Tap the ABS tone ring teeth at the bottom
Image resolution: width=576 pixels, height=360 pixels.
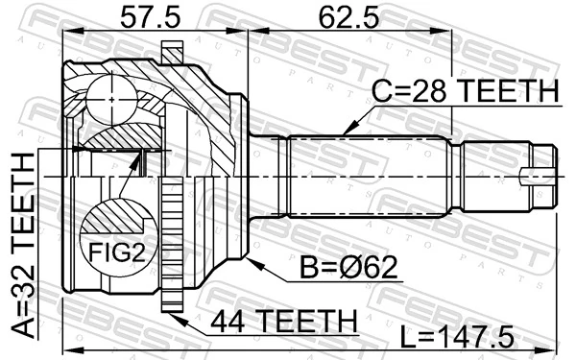(x=172, y=288)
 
